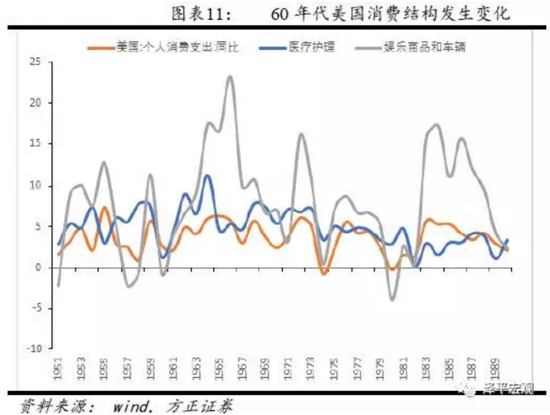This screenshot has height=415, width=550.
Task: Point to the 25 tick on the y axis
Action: pyautogui.click(x=36, y=62)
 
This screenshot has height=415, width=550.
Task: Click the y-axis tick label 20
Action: pyautogui.click(x=36, y=103)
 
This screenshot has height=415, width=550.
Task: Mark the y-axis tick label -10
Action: pyautogui.click(x=34, y=349)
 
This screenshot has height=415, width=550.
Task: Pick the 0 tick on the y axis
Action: pyautogui.click(x=38, y=267)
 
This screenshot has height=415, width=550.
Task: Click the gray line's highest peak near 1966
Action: pyautogui.click(x=229, y=77)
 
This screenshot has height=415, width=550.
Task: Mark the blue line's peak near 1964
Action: pyautogui.click(x=207, y=176)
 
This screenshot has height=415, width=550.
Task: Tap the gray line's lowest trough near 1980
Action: pyautogui.click(x=392, y=299)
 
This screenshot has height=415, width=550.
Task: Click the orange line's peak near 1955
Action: pyautogui.click(x=104, y=207)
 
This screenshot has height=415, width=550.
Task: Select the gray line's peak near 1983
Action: pyautogui.click(x=436, y=124)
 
